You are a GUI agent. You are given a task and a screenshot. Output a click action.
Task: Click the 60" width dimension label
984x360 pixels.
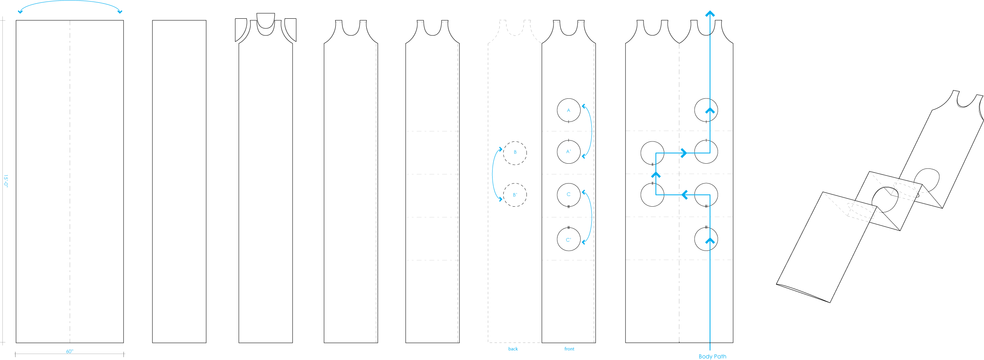(70, 351)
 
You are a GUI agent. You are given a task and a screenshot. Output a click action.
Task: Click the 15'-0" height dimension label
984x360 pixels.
(6, 180)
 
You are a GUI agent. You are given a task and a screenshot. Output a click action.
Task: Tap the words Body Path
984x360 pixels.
(712, 356)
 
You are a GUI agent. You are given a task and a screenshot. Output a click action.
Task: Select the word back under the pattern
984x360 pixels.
(513, 349)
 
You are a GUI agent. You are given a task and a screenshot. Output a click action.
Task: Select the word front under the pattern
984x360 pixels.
(569, 349)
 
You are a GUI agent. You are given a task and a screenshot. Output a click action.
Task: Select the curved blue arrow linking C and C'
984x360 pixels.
(591, 217)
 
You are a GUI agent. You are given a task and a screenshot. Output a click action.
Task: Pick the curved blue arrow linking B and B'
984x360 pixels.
(493, 174)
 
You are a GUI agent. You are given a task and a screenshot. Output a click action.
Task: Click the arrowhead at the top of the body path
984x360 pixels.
(710, 14)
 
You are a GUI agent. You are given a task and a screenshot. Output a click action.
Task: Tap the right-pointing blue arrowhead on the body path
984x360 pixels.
(684, 153)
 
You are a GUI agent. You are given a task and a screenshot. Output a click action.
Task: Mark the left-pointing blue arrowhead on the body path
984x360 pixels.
(685, 195)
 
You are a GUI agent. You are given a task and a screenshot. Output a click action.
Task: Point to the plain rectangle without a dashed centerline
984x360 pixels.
(179, 182)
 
